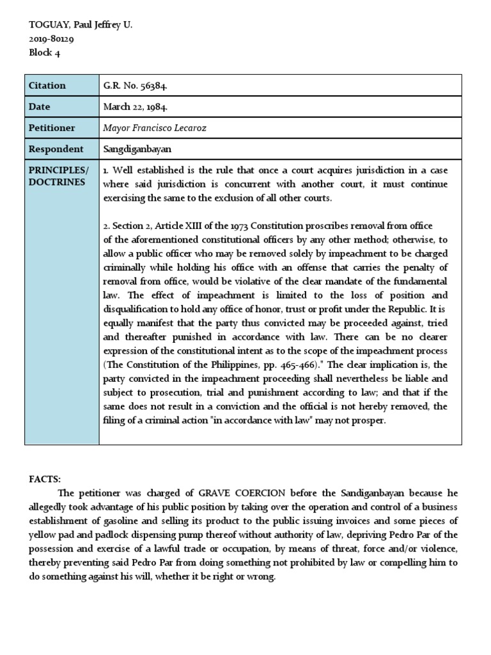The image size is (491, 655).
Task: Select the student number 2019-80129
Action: (x=51, y=39)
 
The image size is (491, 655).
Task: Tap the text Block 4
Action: (x=45, y=52)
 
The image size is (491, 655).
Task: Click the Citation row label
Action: (x=47, y=86)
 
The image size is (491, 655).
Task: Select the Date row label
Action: (x=39, y=107)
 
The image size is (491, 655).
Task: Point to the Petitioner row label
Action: (x=51, y=128)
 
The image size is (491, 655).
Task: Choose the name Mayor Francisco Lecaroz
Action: (x=155, y=128)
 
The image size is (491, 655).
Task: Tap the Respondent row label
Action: (x=55, y=149)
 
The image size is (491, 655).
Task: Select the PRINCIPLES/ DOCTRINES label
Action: (x=58, y=176)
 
